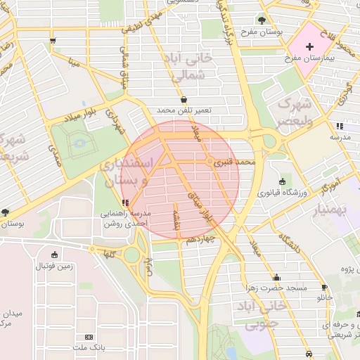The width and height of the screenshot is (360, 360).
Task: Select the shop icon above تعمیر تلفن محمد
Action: click(184, 99)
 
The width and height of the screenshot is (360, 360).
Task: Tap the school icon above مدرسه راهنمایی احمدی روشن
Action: click(125, 203)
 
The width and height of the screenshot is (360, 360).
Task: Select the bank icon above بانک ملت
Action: click(88, 337)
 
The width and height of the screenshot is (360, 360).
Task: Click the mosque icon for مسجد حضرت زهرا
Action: click(276, 277)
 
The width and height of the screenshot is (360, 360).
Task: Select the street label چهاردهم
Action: click(202, 240)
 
